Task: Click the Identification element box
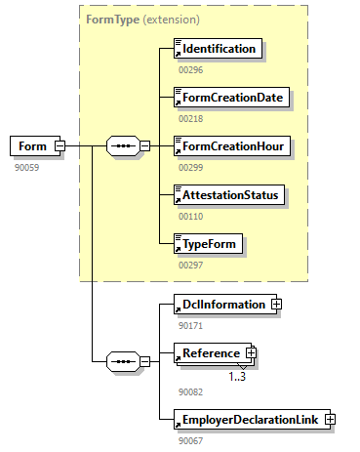(x=218, y=49)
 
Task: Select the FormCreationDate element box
(x=231, y=98)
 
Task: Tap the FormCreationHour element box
(x=232, y=146)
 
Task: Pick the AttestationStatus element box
(x=229, y=195)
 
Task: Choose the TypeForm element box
(x=208, y=244)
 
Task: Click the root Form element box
(x=35, y=146)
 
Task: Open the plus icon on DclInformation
(x=276, y=305)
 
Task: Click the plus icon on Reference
(x=251, y=353)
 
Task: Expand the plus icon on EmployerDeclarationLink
(x=330, y=420)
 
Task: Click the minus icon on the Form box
(x=60, y=145)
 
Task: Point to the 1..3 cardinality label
(x=237, y=377)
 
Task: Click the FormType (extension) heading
(x=142, y=20)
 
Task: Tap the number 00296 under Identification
(x=190, y=70)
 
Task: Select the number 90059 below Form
(x=26, y=168)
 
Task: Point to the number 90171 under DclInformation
(x=190, y=326)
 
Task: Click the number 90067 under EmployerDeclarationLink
(x=190, y=441)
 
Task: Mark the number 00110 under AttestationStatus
(x=190, y=217)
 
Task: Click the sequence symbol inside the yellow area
(x=123, y=145)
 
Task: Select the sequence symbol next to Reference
(x=123, y=361)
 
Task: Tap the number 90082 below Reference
(x=190, y=392)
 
